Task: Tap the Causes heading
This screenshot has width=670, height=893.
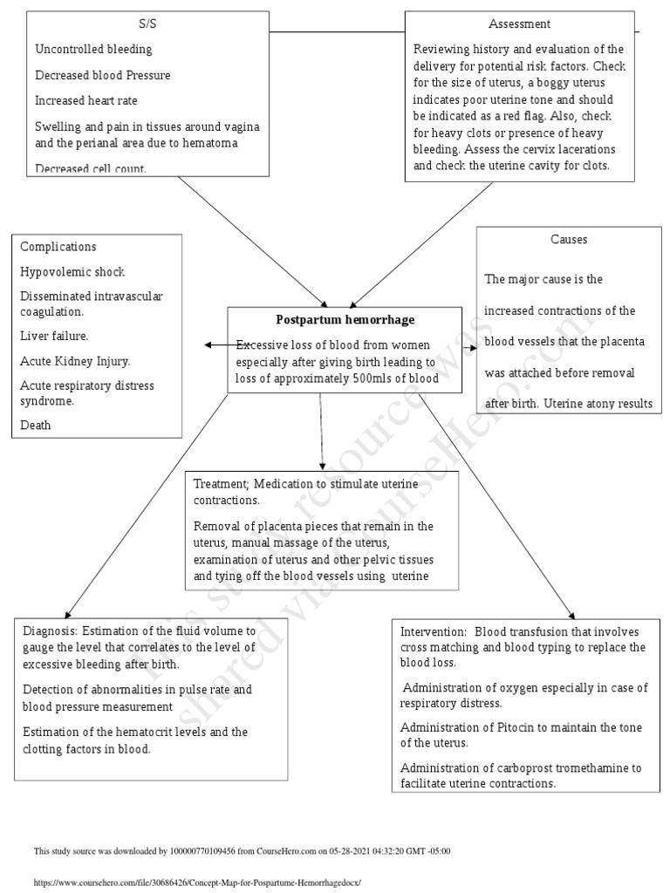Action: coord(569,239)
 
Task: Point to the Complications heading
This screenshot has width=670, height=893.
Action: coord(58,247)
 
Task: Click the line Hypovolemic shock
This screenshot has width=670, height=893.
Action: coord(72,271)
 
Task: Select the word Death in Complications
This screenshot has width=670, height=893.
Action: coord(36,425)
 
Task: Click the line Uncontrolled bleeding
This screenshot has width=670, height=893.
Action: coord(93,50)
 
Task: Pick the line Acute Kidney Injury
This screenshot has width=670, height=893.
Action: coord(75,359)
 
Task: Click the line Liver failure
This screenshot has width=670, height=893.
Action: coord(54,335)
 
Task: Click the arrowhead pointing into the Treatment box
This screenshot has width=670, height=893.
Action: coord(323,467)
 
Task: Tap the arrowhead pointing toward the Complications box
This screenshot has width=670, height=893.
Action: coord(209,345)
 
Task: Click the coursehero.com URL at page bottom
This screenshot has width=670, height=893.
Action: coord(196,883)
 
